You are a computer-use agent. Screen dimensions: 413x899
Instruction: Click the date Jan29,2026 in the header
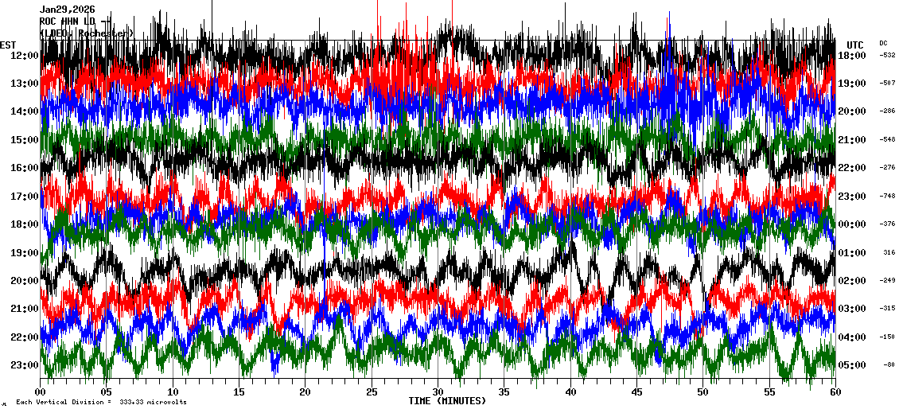[x=68, y=10]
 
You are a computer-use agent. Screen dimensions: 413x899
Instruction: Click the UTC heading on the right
[x=855, y=45]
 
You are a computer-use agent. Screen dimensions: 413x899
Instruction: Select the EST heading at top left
[x=8, y=45]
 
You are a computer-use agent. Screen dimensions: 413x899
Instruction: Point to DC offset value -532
[x=887, y=55]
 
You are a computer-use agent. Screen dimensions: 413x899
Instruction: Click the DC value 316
[x=889, y=252]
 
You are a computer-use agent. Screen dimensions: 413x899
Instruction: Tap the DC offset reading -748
[x=887, y=196]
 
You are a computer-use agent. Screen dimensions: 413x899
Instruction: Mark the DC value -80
[x=889, y=365]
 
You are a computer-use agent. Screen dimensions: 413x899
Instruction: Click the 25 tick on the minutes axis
[x=372, y=392]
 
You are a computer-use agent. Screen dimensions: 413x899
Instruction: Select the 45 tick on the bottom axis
[x=636, y=392]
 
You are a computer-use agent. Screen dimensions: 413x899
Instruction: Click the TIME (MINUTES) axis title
[x=447, y=401]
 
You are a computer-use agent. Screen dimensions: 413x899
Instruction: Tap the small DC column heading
[x=883, y=43]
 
